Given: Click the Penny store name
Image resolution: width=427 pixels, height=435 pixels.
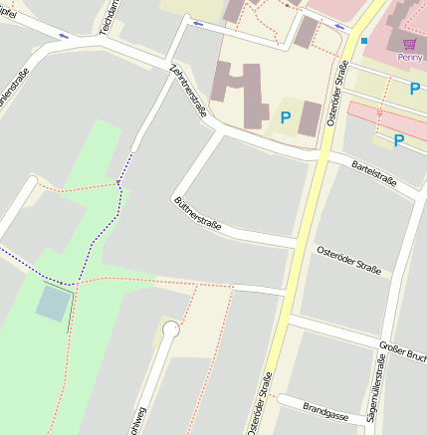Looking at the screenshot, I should click(x=409, y=58).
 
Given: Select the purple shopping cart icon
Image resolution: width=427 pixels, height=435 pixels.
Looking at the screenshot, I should click(x=409, y=44).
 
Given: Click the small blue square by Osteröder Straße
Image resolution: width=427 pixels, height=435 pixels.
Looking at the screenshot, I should click(x=364, y=41).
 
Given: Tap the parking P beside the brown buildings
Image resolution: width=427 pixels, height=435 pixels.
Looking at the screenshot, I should click(x=285, y=117).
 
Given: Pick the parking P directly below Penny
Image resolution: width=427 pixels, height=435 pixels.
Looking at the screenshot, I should click(x=414, y=89).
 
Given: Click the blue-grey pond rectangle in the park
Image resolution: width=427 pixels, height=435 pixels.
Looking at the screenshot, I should click(x=55, y=302).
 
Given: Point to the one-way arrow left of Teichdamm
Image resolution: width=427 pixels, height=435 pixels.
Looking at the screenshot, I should click(x=64, y=36).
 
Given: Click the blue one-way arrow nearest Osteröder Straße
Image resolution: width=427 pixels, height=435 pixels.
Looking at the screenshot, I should click(x=339, y=27).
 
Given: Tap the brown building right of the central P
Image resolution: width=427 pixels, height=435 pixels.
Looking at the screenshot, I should click(x=310, y=117).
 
